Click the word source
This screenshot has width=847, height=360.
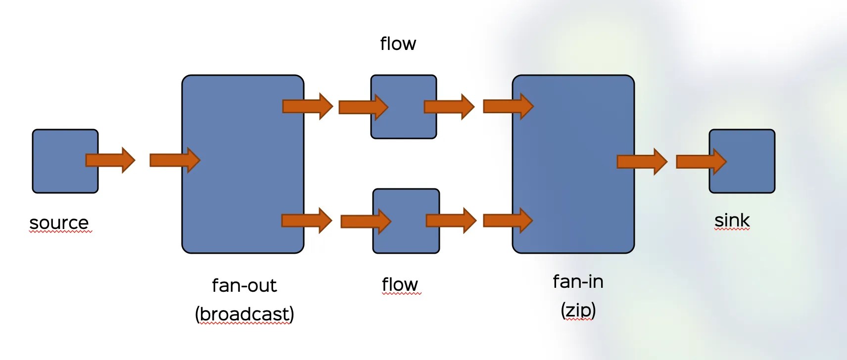(59, 223)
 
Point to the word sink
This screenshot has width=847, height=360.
(732, 221)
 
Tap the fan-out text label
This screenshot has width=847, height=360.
(244, 285)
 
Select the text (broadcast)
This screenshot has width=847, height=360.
(244, 314)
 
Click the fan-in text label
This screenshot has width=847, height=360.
(578, 282)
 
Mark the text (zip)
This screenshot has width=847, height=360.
(578, 311)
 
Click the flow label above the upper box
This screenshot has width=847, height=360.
(398, 44)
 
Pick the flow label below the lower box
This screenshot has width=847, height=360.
(400, 284)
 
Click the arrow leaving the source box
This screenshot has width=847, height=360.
(110, 160)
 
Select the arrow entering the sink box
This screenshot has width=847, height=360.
(701, 161)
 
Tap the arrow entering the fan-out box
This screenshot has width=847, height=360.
(174, 160)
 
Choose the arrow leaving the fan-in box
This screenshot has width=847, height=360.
(642, 161)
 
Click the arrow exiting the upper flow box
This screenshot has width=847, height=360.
(449, 106)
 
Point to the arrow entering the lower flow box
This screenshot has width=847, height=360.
(365, 221)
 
